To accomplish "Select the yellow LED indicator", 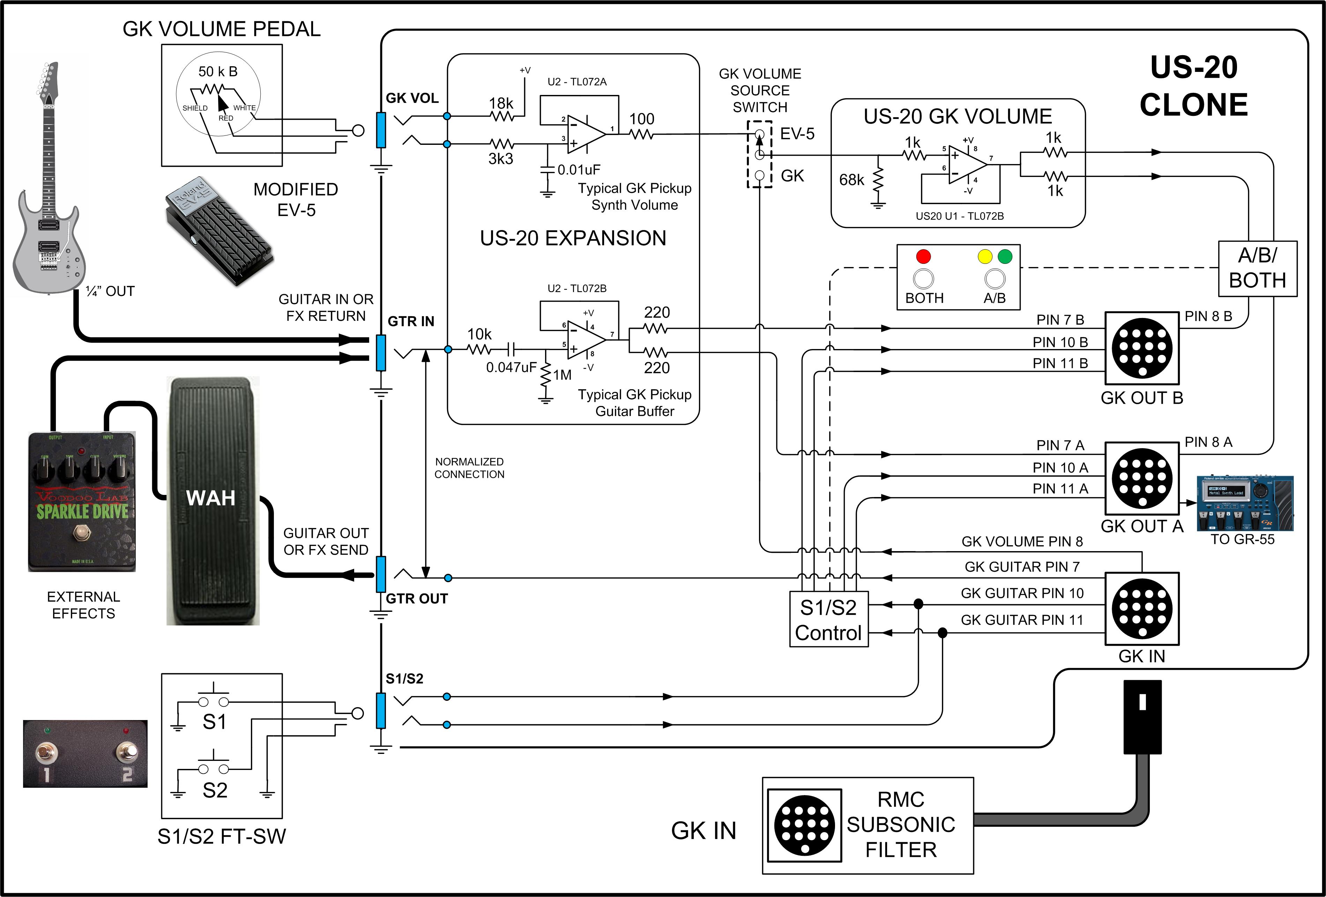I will pos(985,256).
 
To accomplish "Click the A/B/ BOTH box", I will pos(1258,268).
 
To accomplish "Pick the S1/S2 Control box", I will pos(828,620).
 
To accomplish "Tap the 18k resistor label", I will pos(501,103).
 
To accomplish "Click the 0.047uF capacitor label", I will pos(511,368).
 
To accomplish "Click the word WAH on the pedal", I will pos(210,498).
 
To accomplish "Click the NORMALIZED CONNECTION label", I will pos(469,468).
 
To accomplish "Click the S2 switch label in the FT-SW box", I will pos(215,790).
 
